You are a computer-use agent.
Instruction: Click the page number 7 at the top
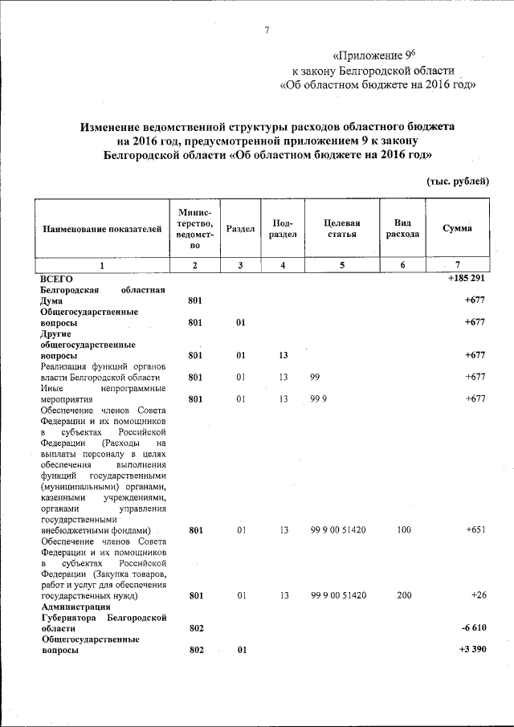click(x=266, y=31)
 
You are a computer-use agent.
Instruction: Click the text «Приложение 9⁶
click(x=373, y=55)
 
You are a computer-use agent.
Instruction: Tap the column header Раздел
click(x=240, y=229)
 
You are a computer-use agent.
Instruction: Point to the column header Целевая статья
click(x=341, y=228)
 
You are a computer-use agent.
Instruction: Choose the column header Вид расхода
click(x=402, y=228)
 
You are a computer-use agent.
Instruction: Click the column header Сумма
click(x=457, y=228)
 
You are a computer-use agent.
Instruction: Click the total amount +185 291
click(x=467, y=278)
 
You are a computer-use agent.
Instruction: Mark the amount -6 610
click(x=473, y=627)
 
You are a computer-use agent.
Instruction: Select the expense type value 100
click(x=404, y=530)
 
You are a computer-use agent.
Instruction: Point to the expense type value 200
click(x=404, y=595)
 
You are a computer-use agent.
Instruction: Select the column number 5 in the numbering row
click(x=341, y=264)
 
